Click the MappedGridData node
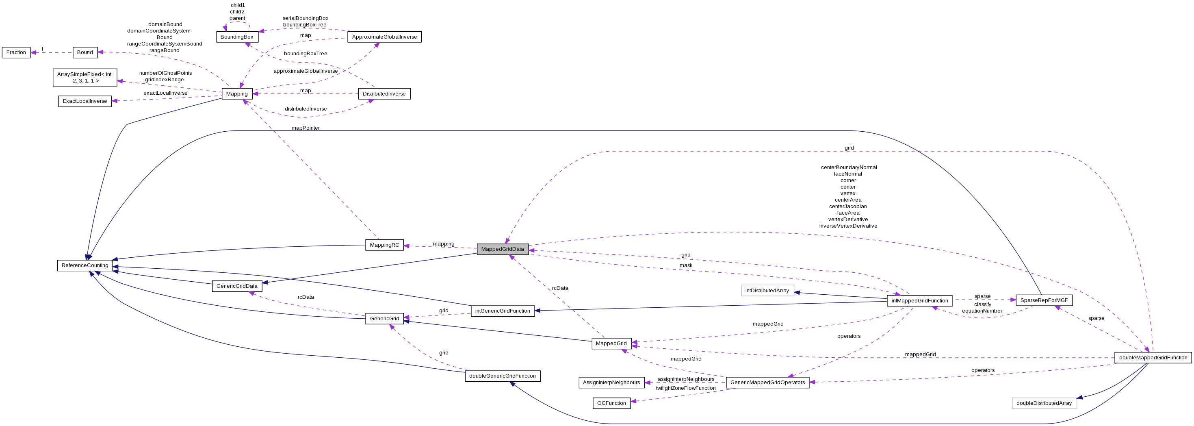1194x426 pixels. [503, 249]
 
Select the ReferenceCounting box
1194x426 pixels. [85, 265]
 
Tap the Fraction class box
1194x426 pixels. [16, 52]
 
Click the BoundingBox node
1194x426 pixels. [237, 37]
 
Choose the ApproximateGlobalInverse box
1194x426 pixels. [384, 37]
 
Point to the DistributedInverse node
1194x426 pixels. [384, 93]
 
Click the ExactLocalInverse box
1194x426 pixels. [85, 101]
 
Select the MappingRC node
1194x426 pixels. [385, 245]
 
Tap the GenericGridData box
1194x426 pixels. [237, 286]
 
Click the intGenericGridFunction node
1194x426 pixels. [503, 311]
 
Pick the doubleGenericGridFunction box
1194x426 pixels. [503, 376]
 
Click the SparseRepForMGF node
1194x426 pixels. [1044, 300]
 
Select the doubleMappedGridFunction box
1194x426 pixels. [1153, 357]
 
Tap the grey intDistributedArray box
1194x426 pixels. [767, 290]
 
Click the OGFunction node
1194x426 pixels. [611, 403]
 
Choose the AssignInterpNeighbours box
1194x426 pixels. [611, 383]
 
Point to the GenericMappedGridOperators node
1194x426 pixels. [767, 383]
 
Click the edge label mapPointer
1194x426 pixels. [306, 128]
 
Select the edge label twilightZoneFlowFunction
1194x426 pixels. [685, 388]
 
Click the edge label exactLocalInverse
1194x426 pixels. [165, 93]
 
